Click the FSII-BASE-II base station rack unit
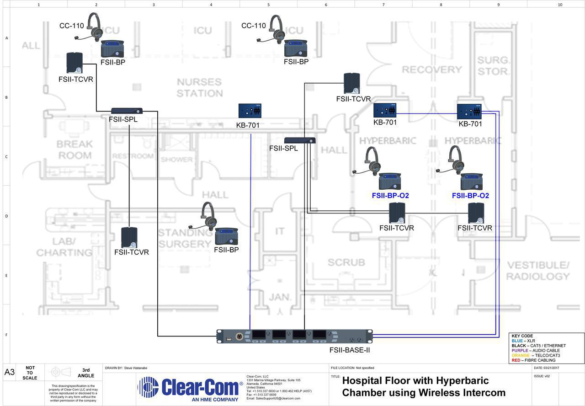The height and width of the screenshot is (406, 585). click(294, 337)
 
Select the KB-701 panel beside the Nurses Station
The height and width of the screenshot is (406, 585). click(250, 111)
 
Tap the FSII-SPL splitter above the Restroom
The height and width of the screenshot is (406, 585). click(127, 111)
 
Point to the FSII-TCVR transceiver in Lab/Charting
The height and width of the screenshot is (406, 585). click(129, 238)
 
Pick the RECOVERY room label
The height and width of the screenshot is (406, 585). click(432, 69)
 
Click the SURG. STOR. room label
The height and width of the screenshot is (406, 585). click(493, 66)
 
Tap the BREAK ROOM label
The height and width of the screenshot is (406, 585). click(74, 150)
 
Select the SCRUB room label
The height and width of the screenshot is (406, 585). click(346, 262)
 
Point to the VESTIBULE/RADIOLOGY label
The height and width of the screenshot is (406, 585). click(538, 271)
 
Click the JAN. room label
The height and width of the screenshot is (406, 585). click(280, 297)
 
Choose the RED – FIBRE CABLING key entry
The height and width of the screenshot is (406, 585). click(533, 360)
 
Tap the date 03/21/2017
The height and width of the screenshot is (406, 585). click(554, 368)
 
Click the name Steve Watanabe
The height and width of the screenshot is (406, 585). click(136, 368)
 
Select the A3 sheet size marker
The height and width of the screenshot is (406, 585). click(10, 372)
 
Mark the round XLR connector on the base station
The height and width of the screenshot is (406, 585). click(238, 337)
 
